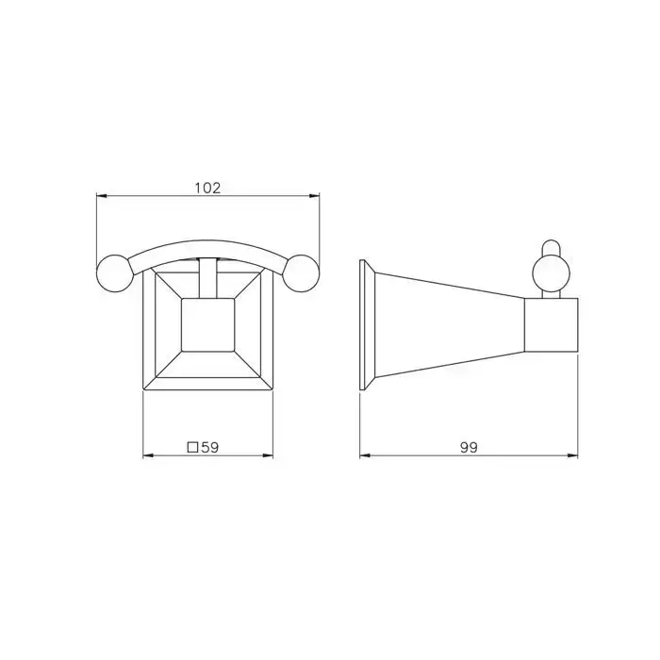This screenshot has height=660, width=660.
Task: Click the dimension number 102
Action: (207, 188)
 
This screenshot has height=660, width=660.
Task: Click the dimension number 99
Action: (469, 448)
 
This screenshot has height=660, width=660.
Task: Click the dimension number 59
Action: (210, 447)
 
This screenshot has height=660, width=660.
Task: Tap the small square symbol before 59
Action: (192, 447)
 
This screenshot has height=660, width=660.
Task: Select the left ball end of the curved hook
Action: (115, 273)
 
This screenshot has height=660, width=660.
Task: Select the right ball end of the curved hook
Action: (301, 273)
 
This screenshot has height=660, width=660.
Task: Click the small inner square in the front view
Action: (207, 325)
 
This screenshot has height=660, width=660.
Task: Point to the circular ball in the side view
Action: (551, 273)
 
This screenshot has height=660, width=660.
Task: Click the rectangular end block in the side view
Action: (551, 325)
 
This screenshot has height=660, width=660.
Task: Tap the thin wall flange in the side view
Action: (361, 325)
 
